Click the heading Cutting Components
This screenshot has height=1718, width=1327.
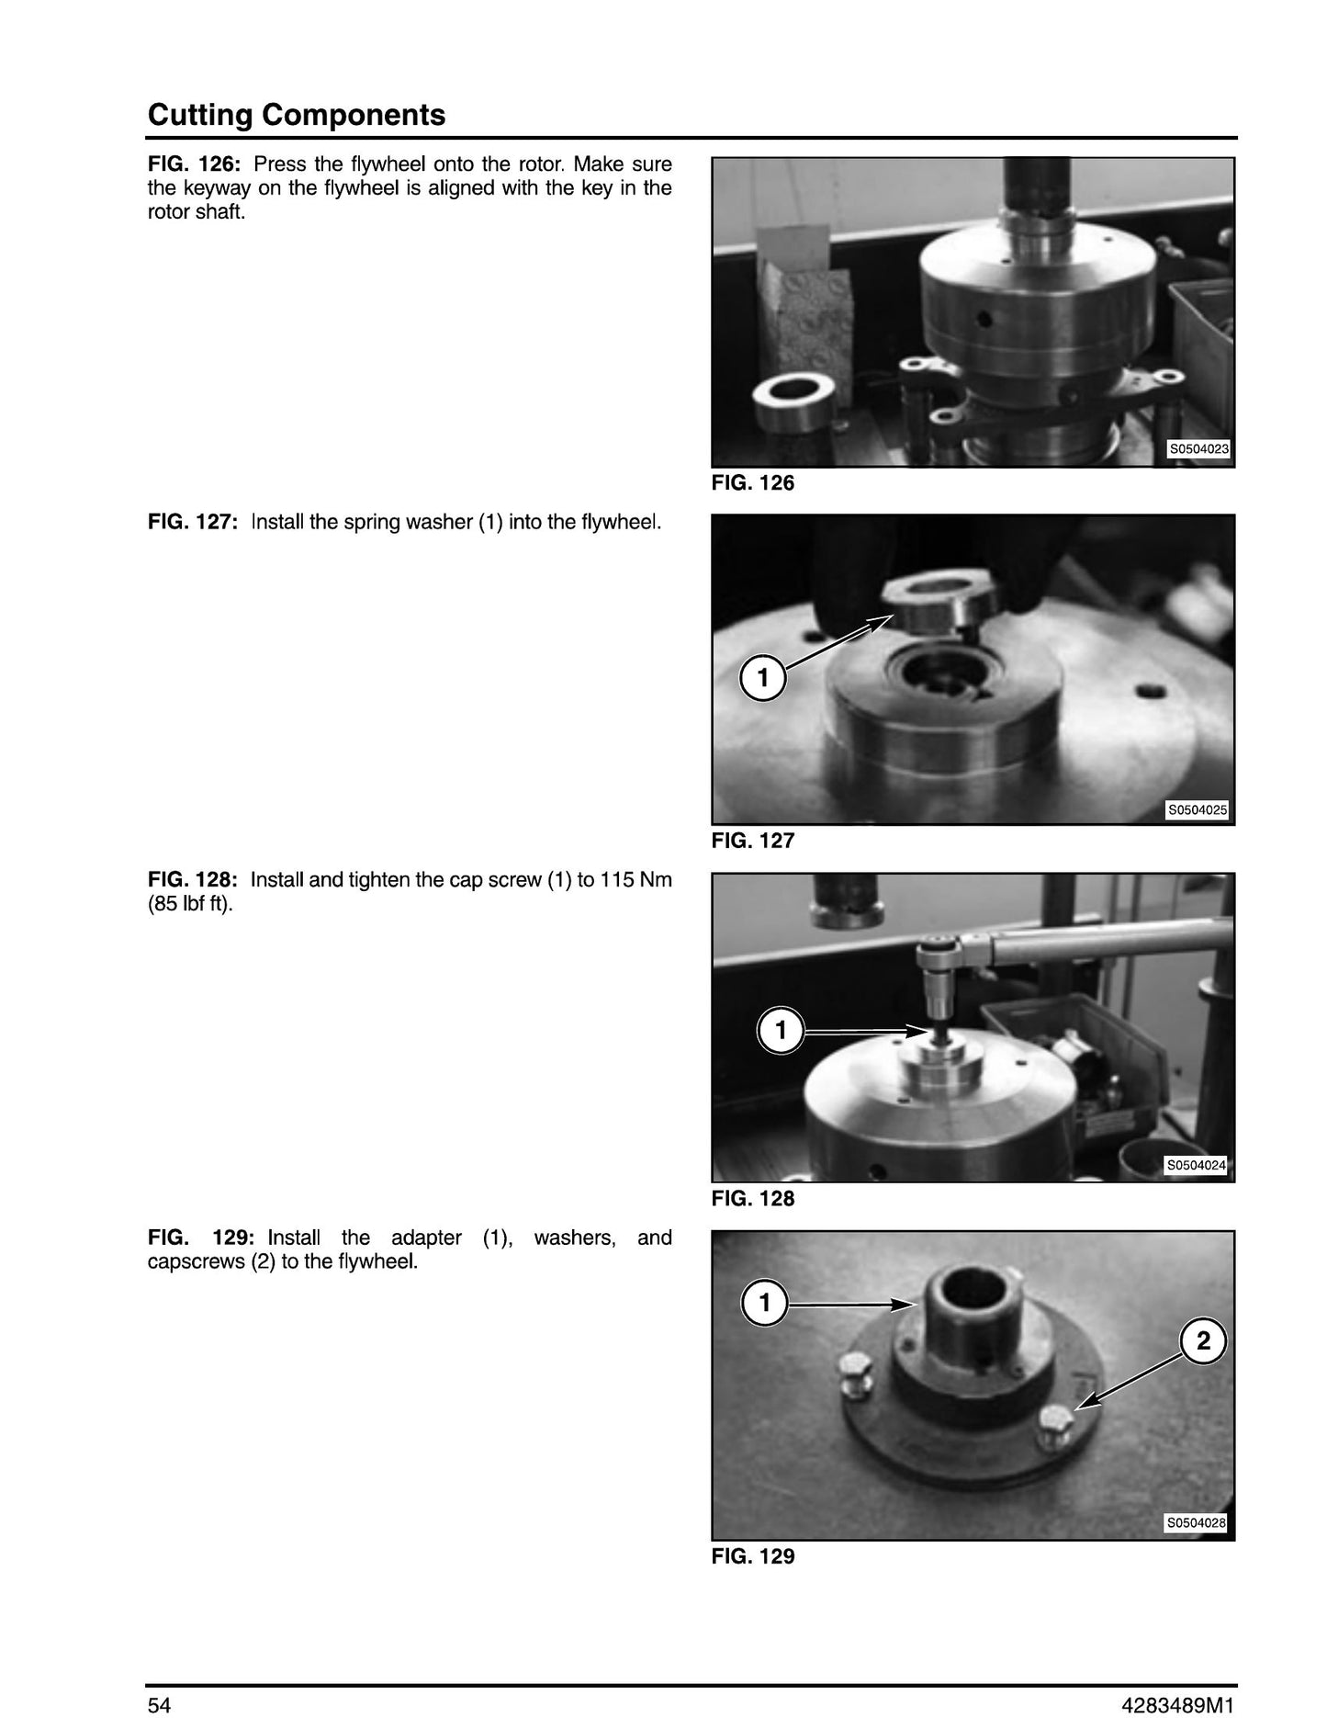pyautogui.click(x=297, y=115)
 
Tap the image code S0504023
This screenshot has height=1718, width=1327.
pyautogui.click(x=1198, y=450)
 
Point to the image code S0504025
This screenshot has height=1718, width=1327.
pyautogui.click(x=1198, y=810)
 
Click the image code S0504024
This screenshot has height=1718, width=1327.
pyautogui.click(x=1196, y=1166)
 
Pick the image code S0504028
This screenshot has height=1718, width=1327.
pyautogui.click(x=1196, y=1523)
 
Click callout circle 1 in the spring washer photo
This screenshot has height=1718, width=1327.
pyautogui.click(x=763, y=679)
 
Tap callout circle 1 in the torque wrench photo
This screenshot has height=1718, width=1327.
pyautogui.click(x=781, y=1032)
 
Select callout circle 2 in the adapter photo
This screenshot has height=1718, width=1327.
pyautogui.click(x=1203, y=1341)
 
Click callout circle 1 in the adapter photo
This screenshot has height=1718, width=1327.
pyautogui.click(x=765, y=1303)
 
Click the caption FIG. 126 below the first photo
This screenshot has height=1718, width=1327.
pyautogui.click(x=753, y=483)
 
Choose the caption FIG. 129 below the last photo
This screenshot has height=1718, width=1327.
pyautogui.click(x=753, y=1556)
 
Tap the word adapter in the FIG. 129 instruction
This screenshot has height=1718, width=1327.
pyautogui.click(x=426, y=1238)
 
